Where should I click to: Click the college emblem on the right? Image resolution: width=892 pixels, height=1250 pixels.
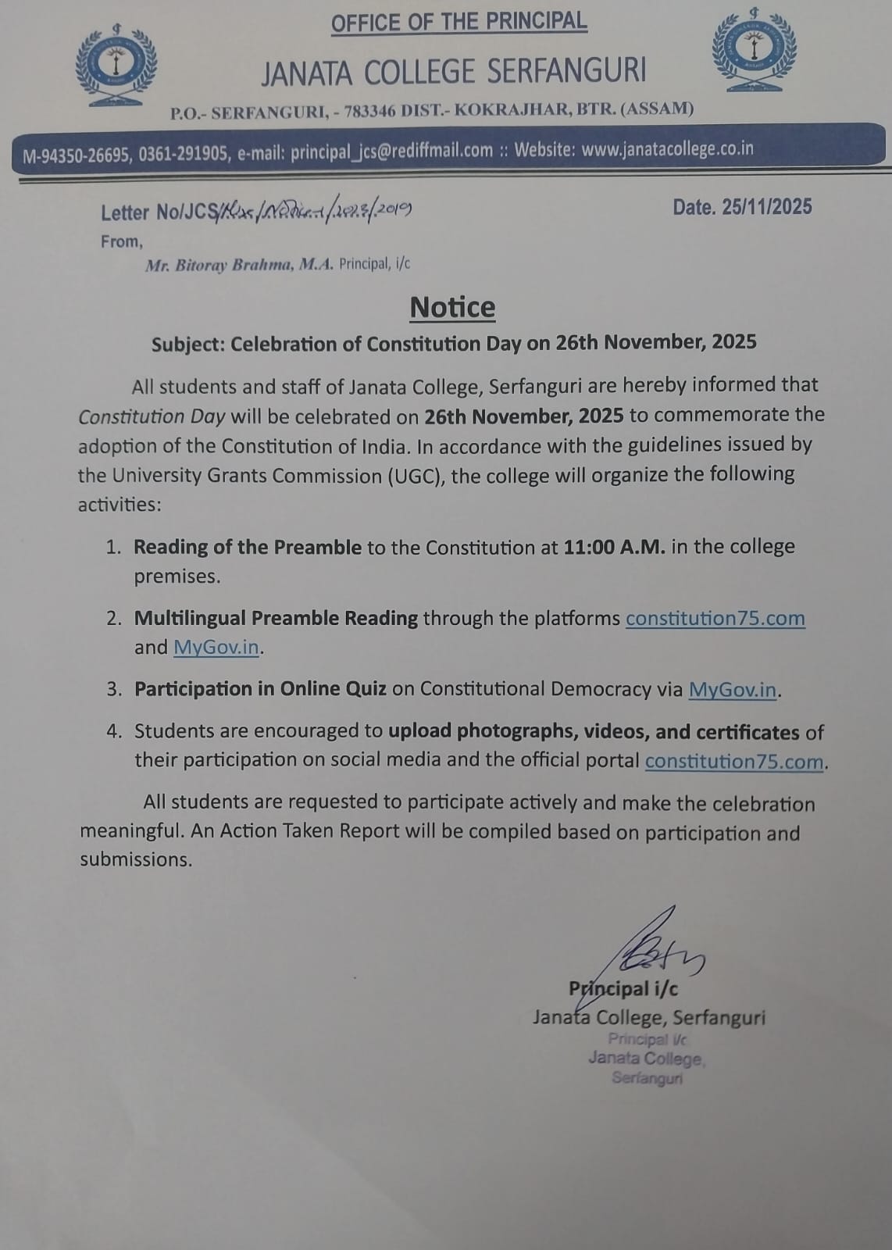click(x=754, y=52)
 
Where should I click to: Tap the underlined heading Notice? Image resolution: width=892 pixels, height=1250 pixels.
click(x=452, y=307)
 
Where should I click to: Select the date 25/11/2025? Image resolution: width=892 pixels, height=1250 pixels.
click(x=767, y=207)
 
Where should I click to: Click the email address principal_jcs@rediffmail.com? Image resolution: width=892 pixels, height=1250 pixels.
click(x=391, y=152)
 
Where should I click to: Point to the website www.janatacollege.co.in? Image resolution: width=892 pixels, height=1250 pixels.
click(x=668, y=148)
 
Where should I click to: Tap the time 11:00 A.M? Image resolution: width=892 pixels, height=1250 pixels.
click(x=614, y=547)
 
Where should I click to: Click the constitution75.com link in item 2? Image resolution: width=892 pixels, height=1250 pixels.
click(x=715, y=618)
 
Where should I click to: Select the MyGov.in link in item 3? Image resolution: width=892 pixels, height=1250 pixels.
click(x=733, y=689)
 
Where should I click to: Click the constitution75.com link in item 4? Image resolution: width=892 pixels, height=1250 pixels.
click(x=734, y=761)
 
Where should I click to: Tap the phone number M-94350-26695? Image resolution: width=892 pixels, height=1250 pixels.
click(x=76, y=155)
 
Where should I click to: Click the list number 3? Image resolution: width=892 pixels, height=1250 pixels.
click(x=114, y=689)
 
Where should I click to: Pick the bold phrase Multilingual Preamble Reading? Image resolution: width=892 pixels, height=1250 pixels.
click(x=276, y=618)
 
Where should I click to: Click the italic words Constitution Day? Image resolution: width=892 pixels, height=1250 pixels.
click(x=152, y=416)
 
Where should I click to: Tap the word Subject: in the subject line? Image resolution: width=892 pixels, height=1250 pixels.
click(x=188, y=344)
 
